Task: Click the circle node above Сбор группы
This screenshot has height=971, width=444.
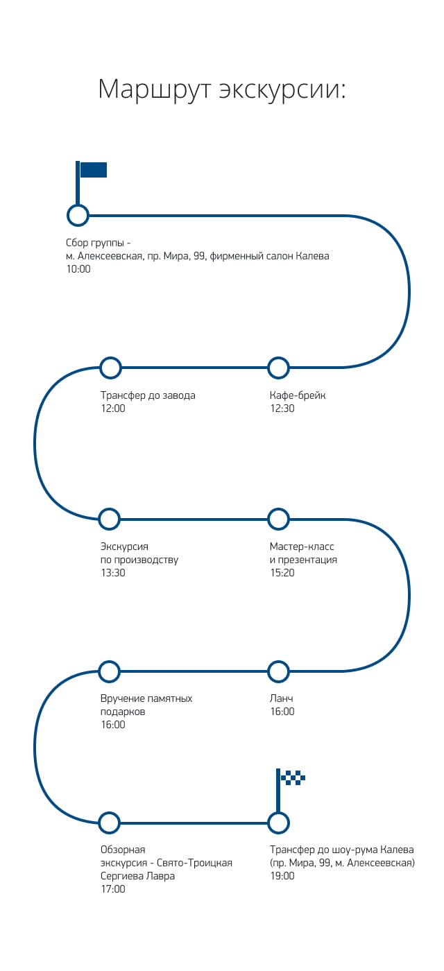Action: [78, 216]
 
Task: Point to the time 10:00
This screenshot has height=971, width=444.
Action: [78, 269]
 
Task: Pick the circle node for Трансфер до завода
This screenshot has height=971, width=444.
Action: [110, 368]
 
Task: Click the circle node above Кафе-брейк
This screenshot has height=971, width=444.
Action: [278, 368]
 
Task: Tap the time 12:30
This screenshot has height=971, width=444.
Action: [282, 409]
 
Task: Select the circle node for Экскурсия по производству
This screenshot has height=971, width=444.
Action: [110, 519]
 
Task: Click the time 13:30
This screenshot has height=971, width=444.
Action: [113, 573]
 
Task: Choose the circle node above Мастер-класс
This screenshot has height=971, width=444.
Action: [278, 519]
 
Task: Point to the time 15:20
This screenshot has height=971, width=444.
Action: [282, 573]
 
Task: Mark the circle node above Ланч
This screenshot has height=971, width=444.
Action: [278, 671]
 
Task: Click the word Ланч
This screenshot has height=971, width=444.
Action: [282, 698]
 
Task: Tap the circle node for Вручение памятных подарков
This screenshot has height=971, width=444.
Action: [110, 671]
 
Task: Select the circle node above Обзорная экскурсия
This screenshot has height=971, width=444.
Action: [110, 823]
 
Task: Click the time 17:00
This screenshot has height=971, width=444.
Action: [113, 888]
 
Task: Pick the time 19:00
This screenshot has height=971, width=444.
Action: [282, 875]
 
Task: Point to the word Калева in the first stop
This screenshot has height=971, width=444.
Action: [312, 256]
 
